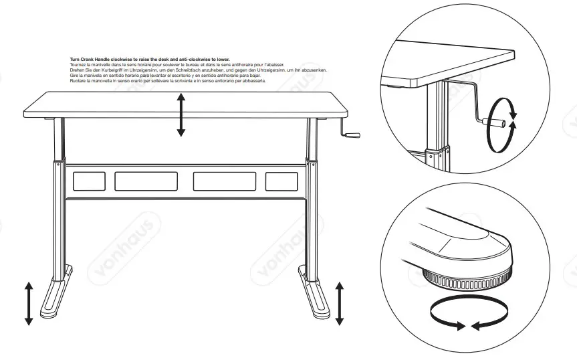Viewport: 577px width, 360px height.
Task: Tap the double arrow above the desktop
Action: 181,114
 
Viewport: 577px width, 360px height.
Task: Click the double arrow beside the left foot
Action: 29,303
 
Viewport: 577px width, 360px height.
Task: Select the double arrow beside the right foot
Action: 340,303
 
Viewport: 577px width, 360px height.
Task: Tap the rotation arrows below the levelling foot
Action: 467,314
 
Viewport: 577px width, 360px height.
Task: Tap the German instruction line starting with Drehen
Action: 198,70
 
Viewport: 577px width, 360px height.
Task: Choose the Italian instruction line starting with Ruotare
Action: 168,80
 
